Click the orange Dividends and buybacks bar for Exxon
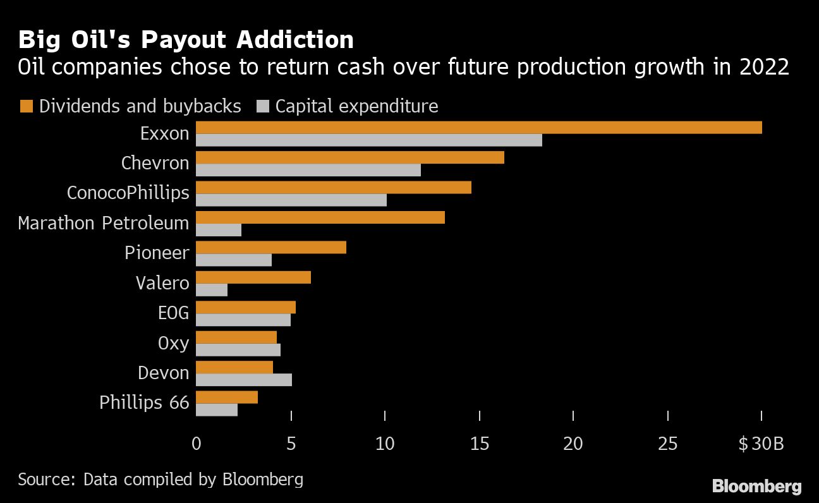click(x=478, y=128)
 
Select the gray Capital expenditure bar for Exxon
click(x=369, y=140)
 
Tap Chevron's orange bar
click(x=350, y=157)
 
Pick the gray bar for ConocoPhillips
click(x=291, y=200)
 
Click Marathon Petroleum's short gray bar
click(x=219, y=230)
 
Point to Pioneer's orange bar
click(x=271, y=247)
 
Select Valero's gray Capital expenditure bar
click(x=212, y=290)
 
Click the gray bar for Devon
click(x=244, y=380)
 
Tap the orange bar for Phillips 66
click(x=227, y=397)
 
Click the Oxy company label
click(x=173, y=343)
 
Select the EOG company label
click(x=173, y=313)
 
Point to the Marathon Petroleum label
click(x=104, y=223)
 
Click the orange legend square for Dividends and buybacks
click(x=26, y=106)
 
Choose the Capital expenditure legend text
click(x=356, y=106)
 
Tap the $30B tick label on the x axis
click(x=761, y=444)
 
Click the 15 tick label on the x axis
click(x=480, y=444)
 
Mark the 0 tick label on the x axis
click(x=197, y=444)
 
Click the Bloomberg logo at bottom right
click(x=756, y=486)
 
